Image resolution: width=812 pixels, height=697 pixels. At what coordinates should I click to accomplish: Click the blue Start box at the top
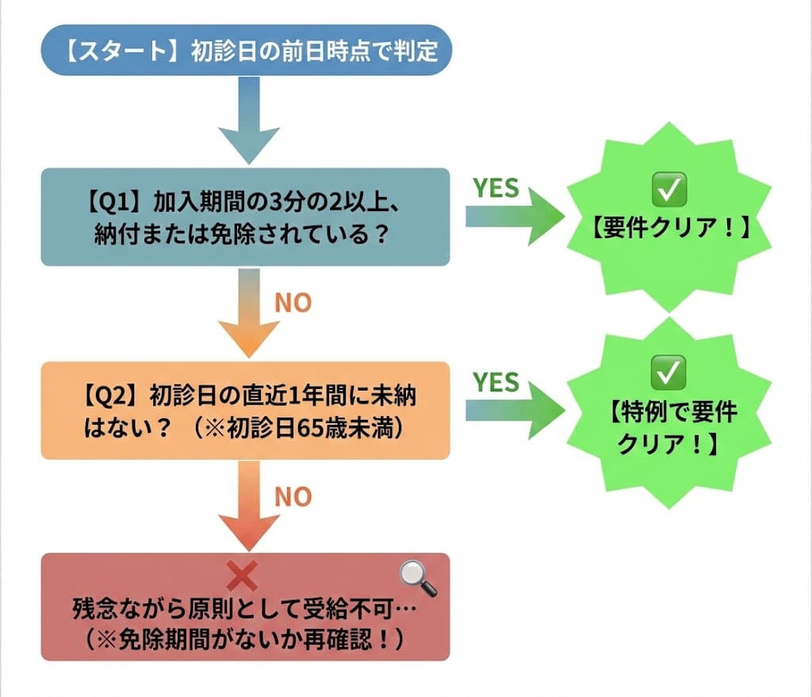245,50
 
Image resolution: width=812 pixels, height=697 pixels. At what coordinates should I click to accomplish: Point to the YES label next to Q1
496,188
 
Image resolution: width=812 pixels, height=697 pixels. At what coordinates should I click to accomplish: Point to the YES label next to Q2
496,382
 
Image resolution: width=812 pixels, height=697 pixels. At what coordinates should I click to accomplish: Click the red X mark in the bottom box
241,576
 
